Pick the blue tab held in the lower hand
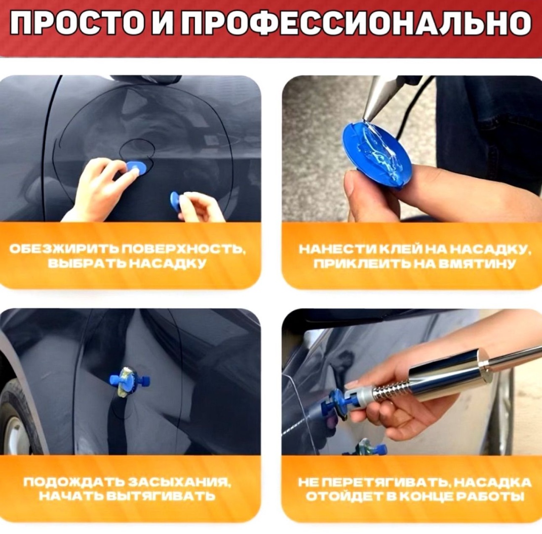click(x=176, y=202)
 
